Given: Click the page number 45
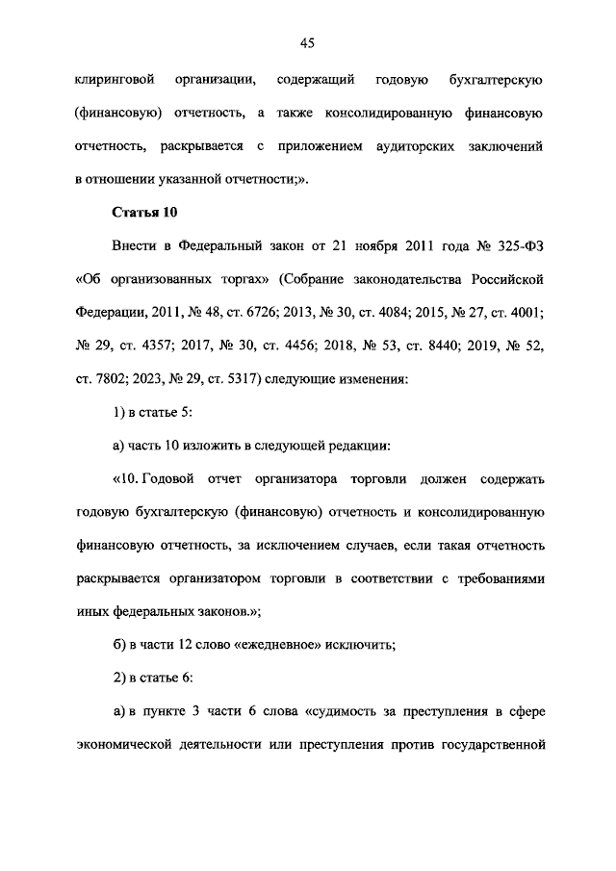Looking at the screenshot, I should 308,42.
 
